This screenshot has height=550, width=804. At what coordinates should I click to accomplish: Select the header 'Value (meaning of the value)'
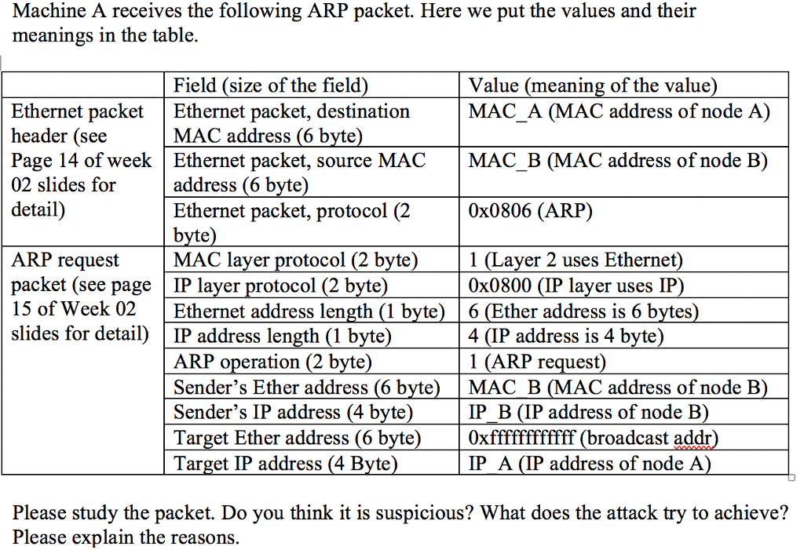(593, 86)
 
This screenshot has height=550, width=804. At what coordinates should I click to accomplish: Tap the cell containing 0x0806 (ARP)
(531, 211)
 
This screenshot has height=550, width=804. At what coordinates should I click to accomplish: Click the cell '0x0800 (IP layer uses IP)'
(576, 286)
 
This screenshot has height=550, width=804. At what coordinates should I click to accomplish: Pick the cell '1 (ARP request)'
(538, 362)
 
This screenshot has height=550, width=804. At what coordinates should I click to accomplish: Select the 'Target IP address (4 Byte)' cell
(285, 463)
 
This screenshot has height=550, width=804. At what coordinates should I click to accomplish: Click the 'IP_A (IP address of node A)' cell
(590, 463)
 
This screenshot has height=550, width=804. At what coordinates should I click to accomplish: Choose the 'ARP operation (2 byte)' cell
(272, 362)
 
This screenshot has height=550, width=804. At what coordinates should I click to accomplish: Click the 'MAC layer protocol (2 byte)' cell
(295, 260)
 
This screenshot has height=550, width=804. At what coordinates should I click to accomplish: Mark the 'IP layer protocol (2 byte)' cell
(280, 286)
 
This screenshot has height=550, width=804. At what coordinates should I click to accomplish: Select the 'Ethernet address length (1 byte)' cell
(309, 311)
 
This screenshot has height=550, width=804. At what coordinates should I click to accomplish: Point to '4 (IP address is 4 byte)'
(566, 337)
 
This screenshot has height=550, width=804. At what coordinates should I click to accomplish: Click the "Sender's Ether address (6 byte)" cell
(305, 388)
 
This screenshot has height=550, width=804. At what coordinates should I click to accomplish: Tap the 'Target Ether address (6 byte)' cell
(297, 438)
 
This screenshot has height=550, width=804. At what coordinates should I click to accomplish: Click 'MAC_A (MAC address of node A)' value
(619, 111)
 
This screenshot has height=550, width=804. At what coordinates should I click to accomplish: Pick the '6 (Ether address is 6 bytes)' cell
(583, 311)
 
